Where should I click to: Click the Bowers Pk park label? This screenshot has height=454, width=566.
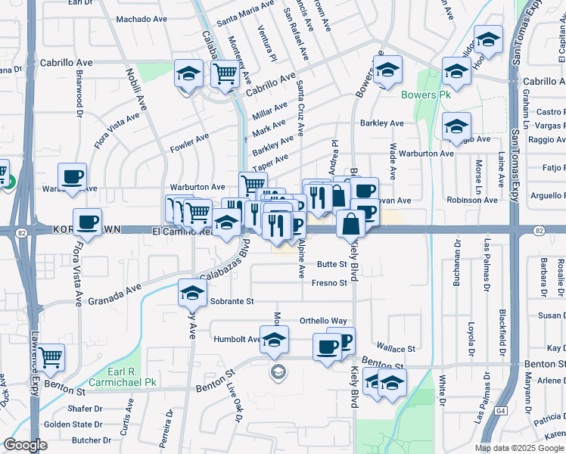point(420,95)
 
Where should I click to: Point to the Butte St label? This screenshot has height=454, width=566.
point(331,265)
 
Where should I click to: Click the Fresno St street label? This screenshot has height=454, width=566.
point(329,284)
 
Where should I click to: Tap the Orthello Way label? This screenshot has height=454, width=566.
point(323,321)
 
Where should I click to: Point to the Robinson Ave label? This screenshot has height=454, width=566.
point(472,201)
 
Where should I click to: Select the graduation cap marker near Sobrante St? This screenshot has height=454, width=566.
point(192,292)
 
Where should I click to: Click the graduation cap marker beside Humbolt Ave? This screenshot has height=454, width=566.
point(274,338)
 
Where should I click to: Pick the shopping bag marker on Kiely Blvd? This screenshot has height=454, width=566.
point(351,223)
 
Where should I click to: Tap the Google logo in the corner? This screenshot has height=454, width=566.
point(25,445)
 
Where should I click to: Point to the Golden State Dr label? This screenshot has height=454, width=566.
point(73,425)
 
